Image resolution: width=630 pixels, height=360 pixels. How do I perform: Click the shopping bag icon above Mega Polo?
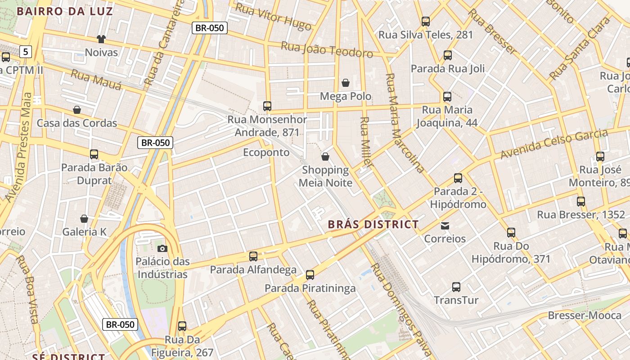point(346,83)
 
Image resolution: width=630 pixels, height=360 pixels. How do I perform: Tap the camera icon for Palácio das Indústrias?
point(162,248)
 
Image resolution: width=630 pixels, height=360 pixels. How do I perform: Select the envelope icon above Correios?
point(445,225)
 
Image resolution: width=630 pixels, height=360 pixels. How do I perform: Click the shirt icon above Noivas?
point(101,40)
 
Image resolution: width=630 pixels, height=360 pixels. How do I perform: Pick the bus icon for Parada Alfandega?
point(253,256)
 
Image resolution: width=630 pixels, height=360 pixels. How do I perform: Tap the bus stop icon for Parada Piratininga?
point(310,275)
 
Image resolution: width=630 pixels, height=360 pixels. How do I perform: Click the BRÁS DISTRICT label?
point(373,224)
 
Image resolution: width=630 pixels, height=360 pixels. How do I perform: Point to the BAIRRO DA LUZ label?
point(65,11)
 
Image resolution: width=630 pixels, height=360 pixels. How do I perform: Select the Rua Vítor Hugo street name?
point(273,17)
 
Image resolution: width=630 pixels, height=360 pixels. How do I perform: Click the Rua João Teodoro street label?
point(327,49)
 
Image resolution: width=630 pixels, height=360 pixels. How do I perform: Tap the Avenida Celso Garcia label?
point(554,144)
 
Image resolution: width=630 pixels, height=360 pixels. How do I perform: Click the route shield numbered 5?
point(26,52)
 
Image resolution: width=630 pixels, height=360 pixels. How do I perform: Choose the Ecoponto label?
point(266,153)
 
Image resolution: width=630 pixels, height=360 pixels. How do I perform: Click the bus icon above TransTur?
point(456,287)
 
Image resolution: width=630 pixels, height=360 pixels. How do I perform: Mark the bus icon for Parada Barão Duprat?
point(94,154)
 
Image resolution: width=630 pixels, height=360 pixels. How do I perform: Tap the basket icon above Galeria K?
point(84,219)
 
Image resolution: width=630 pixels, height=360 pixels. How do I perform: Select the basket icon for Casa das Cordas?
point(77,110)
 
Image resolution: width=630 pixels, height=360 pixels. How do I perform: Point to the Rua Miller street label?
point(366,142)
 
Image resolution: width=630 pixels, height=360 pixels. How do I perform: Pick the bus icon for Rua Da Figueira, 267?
point(182,326)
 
